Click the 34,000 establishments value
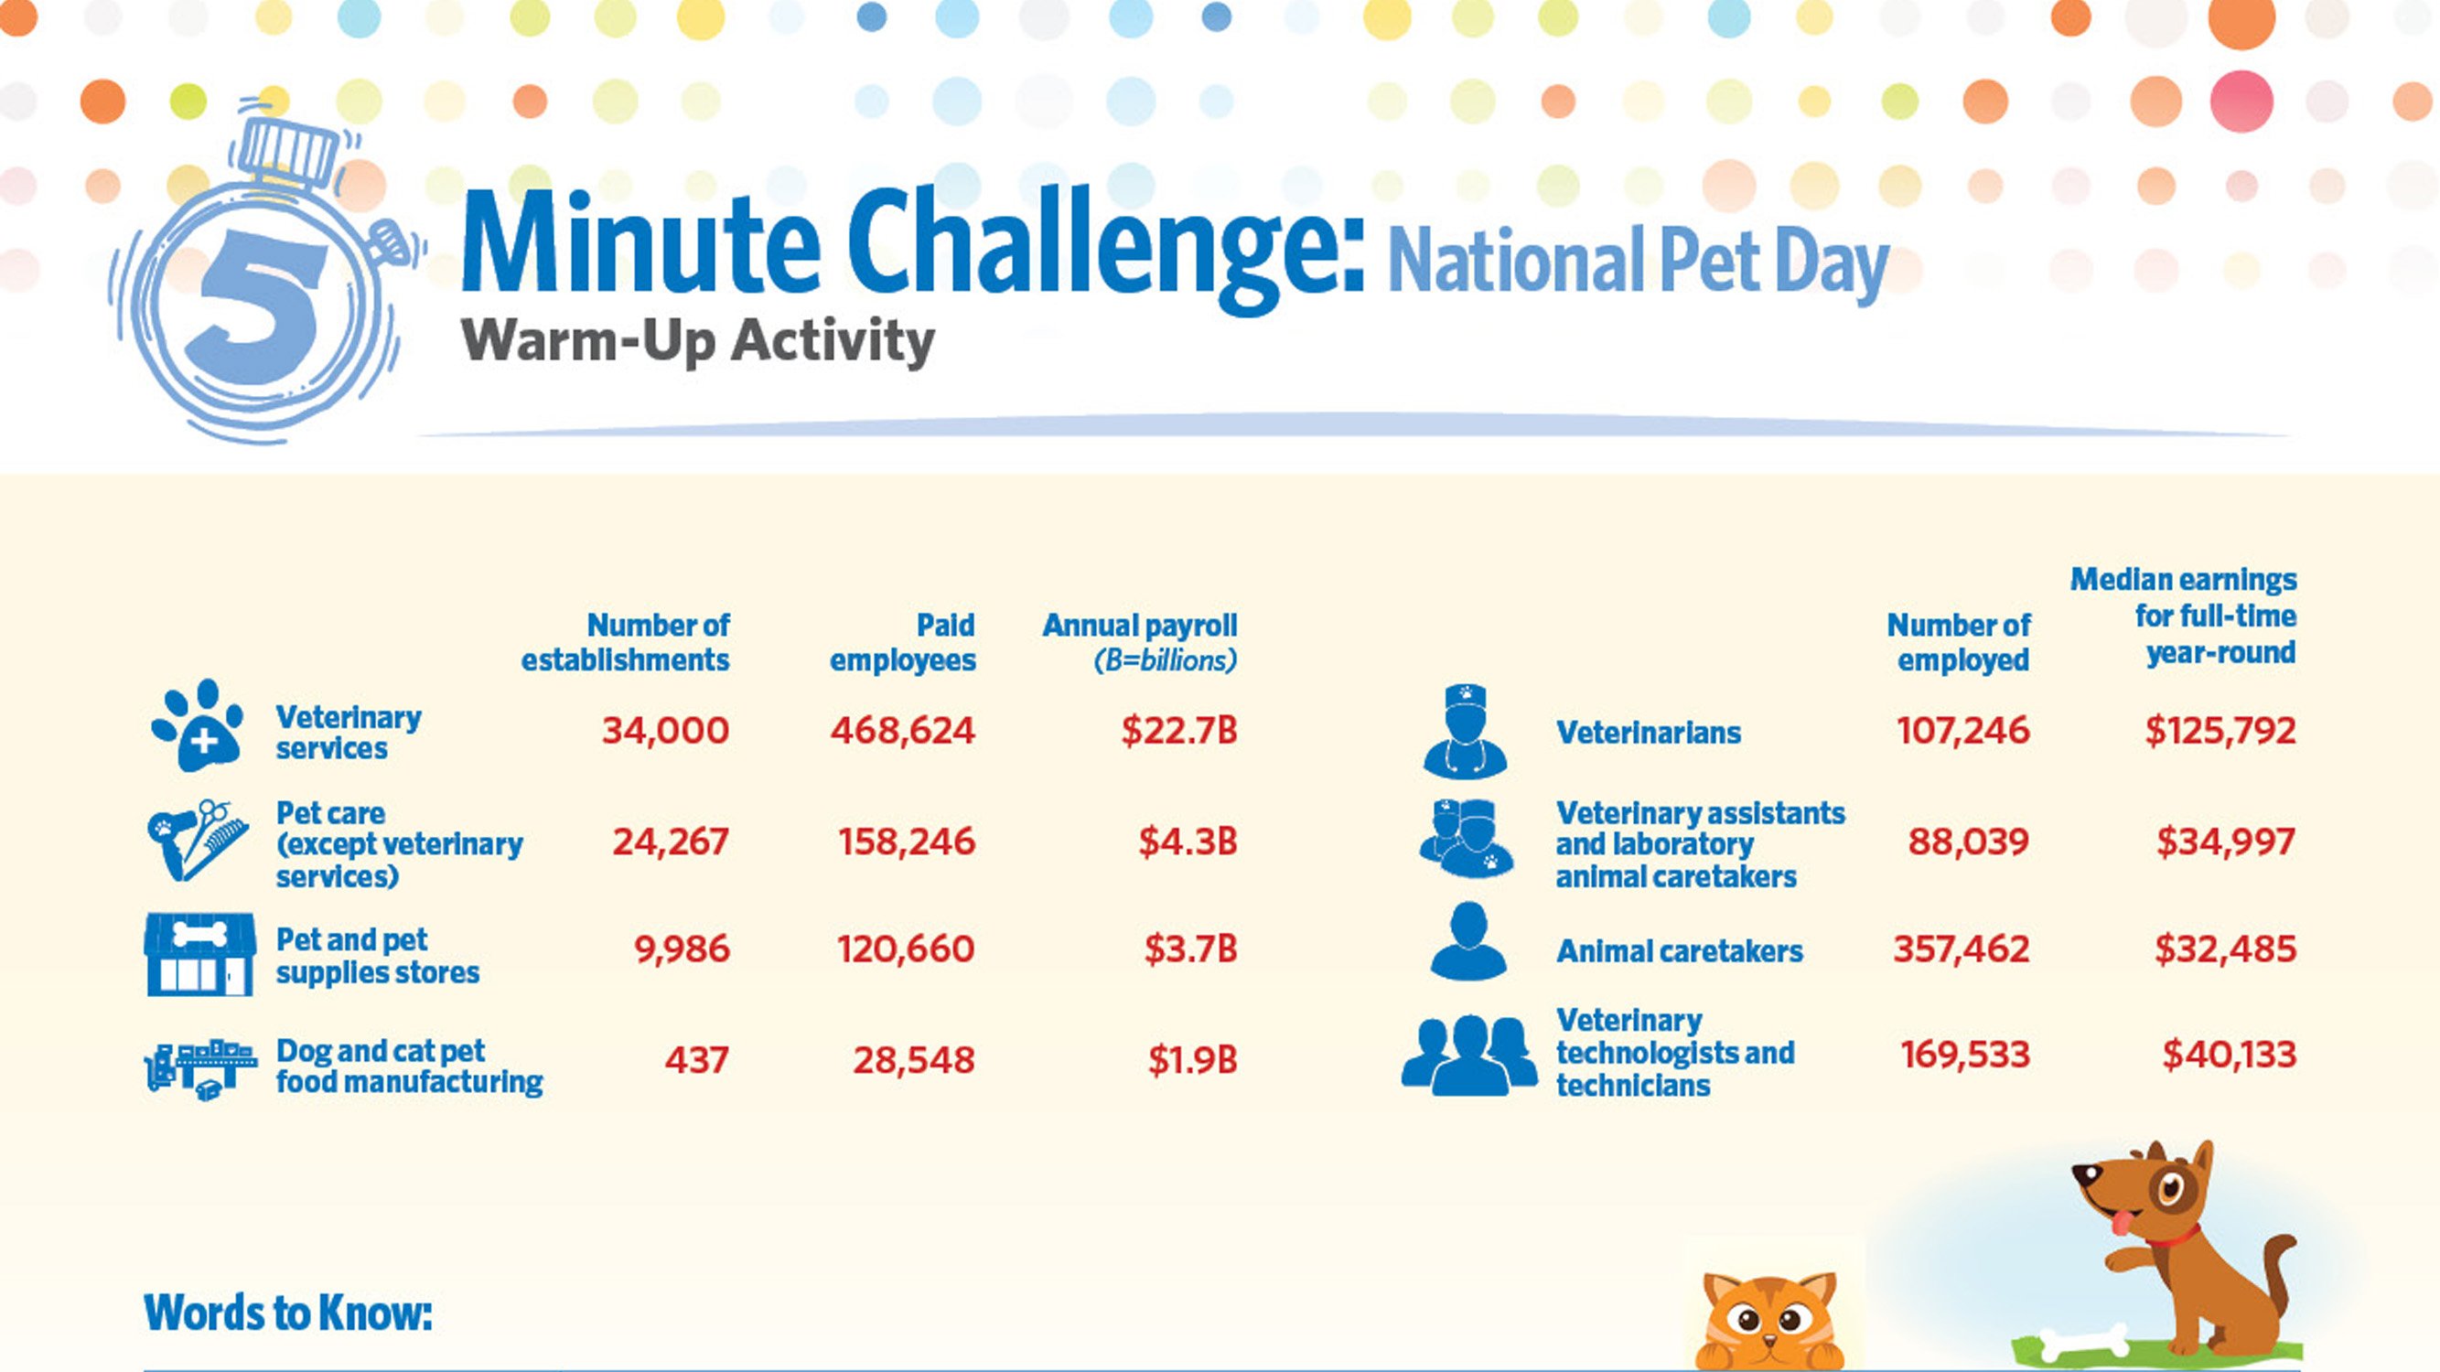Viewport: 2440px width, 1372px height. point(665,731)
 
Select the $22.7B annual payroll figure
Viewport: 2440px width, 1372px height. point(1179,730)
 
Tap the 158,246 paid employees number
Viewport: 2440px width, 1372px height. point(907,841)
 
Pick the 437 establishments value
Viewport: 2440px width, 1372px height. point(697,1059)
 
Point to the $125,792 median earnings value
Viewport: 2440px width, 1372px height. point(2221,730)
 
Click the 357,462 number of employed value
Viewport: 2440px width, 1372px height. point(1962,949)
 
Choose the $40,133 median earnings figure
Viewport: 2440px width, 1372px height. point(2230,1054)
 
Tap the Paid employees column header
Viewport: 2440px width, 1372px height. point(903,642)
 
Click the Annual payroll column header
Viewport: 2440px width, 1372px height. point(1141,642)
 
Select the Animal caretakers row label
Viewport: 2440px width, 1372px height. point(1680,950)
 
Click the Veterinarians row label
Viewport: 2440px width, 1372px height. point(1648,732)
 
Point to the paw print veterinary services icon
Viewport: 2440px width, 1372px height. point(198,724)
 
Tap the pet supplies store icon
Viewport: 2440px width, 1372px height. point(199,954)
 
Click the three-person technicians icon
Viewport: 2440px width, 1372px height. point(1469,1056)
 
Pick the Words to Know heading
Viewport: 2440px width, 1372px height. point(288,1313)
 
